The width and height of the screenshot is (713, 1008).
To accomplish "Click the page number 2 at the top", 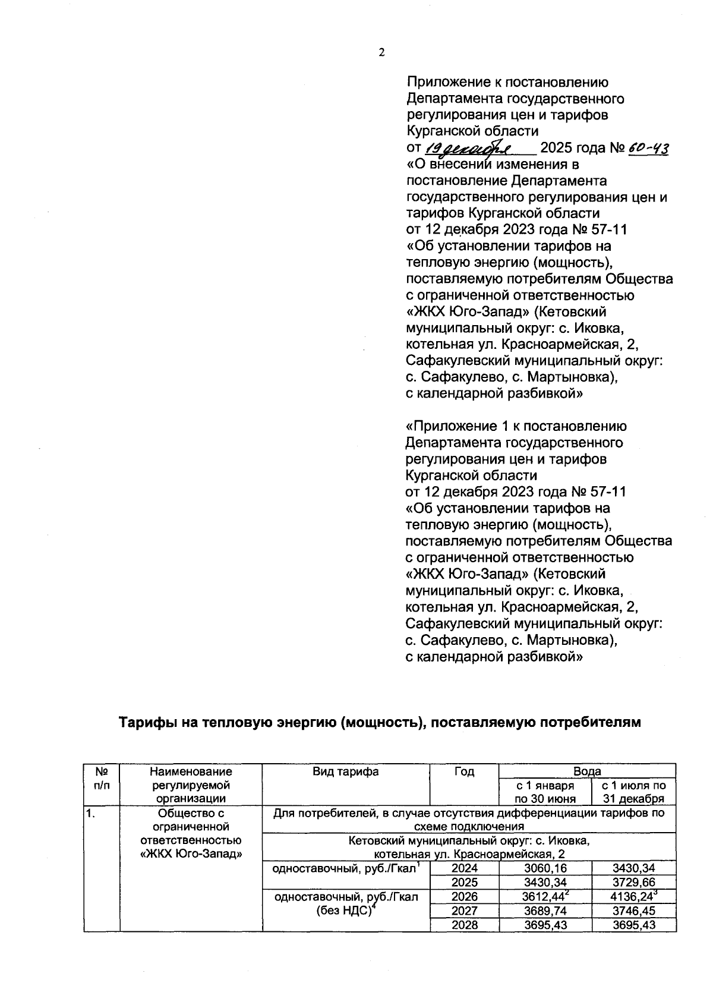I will (381, 52).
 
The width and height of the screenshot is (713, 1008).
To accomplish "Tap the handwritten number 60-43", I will (648, 147).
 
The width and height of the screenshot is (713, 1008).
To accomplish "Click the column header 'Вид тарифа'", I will (345, 772).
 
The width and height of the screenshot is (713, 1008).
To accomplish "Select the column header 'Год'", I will (464, 772).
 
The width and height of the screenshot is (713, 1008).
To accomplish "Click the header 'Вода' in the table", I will (587, 771).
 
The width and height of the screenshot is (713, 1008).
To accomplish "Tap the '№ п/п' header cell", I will (102, 779).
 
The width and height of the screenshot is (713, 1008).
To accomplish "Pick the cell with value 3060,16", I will (545, 869).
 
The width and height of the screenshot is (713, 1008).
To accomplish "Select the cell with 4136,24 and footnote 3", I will (633, 897).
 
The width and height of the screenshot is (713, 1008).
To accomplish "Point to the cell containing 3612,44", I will (545, 897).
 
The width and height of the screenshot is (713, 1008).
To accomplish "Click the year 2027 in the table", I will (464, 911).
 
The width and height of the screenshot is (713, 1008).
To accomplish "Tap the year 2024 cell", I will (464, 869).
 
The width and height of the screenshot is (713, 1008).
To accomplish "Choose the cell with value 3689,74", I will (545, 911).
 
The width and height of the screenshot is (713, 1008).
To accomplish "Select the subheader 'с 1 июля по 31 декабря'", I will (633, 792).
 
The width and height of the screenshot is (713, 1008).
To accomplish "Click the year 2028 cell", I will (464, 925).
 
